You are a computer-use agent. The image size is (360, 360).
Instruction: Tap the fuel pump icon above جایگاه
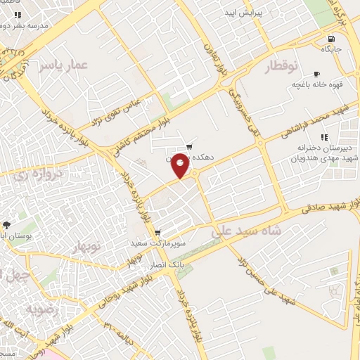pyautogui.click(x=330, y=38)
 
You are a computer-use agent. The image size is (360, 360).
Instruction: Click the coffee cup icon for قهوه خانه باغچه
pyautogui.click(x=316, y=74)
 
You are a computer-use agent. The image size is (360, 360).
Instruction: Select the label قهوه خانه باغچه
pyautogui.click(x=317, y=84)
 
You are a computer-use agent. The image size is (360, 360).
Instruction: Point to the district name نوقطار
pyautogui.click(x=281, y=67)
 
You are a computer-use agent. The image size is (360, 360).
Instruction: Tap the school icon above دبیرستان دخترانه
pyautogui.click(x=324, y=137)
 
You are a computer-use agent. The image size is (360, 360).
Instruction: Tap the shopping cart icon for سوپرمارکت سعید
pyautogui.click(x=157, y=233)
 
